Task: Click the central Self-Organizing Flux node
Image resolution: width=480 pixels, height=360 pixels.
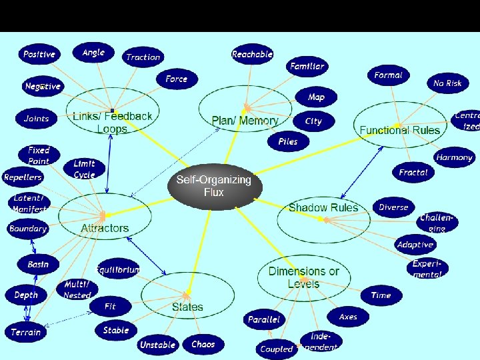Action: pos(213,186)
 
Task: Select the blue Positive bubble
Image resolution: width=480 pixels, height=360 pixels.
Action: pos(39,54)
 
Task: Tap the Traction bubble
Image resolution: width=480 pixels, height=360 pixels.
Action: pos(143,57)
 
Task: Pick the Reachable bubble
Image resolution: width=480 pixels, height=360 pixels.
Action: pos(252,55)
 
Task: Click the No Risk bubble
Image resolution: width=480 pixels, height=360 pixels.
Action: pos(447,83)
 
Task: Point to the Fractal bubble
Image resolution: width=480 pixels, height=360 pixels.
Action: pos(413,172)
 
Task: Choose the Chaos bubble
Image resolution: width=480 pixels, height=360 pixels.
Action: pos(203,345)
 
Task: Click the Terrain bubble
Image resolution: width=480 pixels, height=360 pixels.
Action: pos(26,332)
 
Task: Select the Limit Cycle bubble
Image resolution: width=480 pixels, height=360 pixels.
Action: pos(84,169)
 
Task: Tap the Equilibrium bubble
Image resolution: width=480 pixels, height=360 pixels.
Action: pos(118,270)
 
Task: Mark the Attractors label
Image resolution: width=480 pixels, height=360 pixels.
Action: pos(105,228)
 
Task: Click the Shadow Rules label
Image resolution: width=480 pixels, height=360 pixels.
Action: pos(323,208)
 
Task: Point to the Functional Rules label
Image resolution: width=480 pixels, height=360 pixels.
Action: pos(400,130)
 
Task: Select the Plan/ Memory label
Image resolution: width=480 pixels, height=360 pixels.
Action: pos(245,121)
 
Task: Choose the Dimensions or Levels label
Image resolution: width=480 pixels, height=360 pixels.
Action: pos(303,277)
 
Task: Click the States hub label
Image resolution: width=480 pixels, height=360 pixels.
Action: pos(187,307)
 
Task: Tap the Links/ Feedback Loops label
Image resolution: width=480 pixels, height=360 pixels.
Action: pos(112,123)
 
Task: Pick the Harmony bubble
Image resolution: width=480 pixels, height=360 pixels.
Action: pos(454,158)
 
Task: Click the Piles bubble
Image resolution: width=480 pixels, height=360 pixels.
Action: pos(288,141)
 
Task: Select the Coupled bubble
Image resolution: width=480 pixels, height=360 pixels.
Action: pos(276,349)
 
